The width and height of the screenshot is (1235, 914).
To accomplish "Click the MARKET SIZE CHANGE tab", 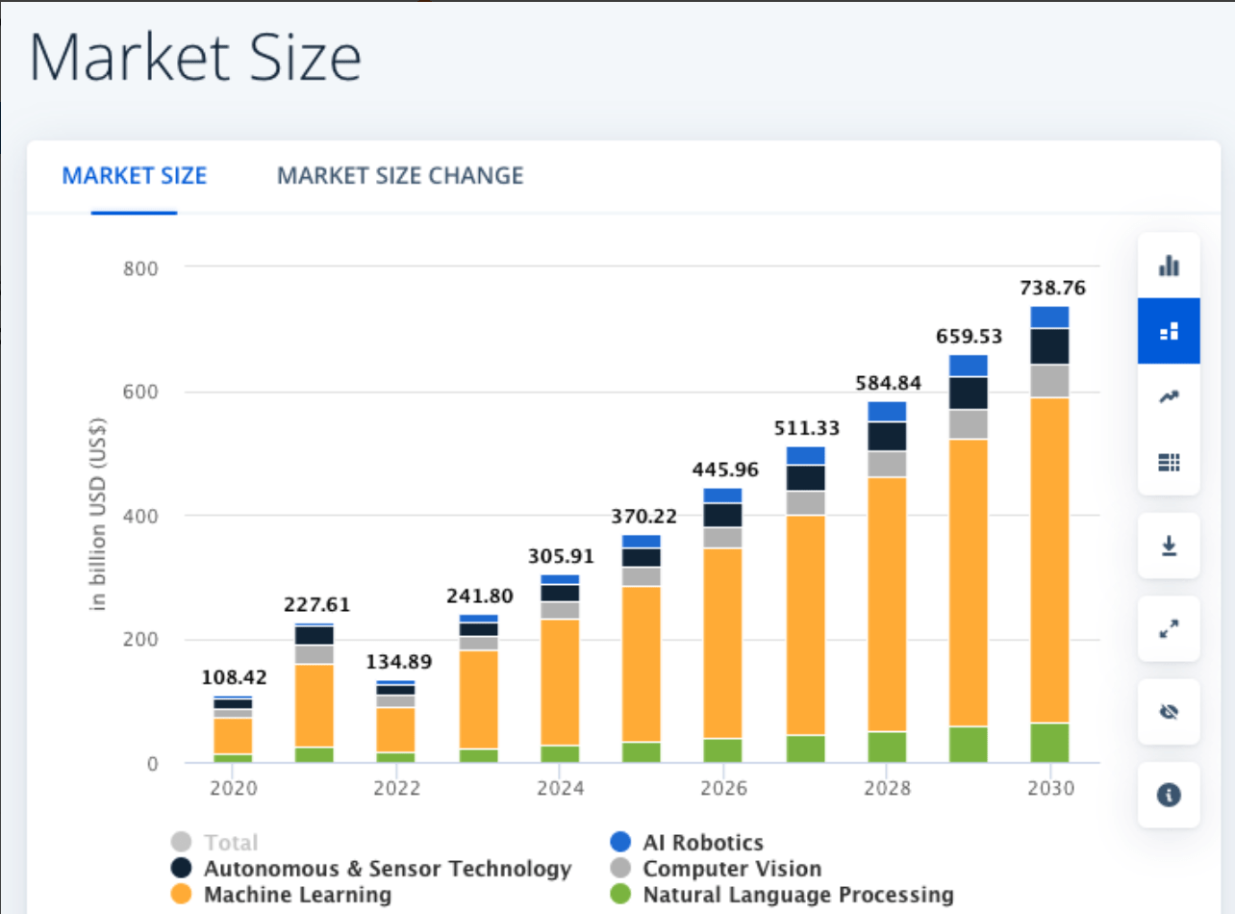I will tap(400, 176).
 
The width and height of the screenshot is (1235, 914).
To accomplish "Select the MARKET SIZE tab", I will tap(135, 176).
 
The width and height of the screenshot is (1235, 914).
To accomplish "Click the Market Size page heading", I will tap(195, 58).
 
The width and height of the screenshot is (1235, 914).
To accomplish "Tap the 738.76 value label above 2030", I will tap(1049, 288).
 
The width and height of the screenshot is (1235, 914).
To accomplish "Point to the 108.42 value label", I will tap(234, 677).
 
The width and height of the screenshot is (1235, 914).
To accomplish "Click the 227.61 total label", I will tap(315, 605).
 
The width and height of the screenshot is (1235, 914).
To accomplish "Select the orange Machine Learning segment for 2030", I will tap(1049, 558).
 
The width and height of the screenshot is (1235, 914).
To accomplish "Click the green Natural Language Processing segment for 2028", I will tap(887, 747).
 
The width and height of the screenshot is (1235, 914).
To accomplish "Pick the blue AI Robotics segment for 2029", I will tap(968, 366).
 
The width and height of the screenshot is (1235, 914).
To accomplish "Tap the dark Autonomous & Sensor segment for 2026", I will tap(723, 515).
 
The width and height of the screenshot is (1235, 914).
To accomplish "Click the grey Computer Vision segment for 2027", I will tap(805, 503).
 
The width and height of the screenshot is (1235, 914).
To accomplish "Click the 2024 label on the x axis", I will tap(560, 789).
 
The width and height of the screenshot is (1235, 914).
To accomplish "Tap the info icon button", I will tap(1169, 795).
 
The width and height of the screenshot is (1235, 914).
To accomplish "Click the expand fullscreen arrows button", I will tap(1169, 628).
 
